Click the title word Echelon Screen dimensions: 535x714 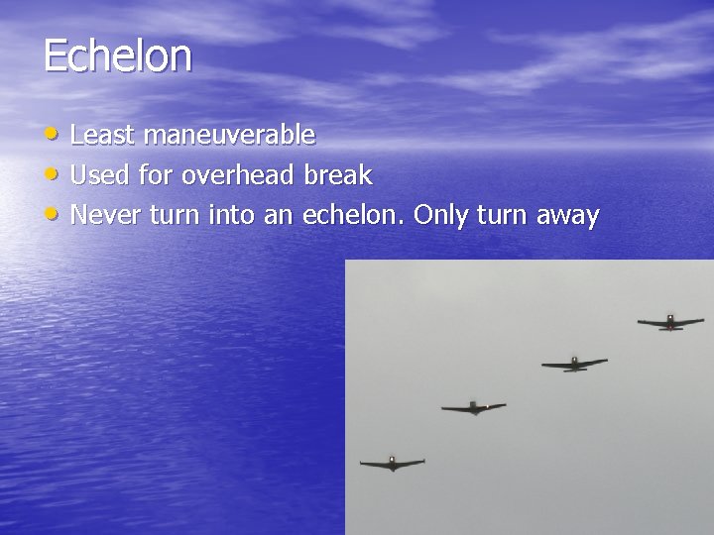click(117, 55)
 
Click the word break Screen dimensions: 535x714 click(338, 176)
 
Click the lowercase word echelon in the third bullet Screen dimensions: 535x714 click(355, 215)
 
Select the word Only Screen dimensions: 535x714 click(439, 216)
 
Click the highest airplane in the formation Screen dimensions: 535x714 click(670, 322)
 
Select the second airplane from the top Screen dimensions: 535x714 click(574, 364)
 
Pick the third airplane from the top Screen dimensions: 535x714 click(474, 407)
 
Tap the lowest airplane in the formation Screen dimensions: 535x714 click(393, 463)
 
